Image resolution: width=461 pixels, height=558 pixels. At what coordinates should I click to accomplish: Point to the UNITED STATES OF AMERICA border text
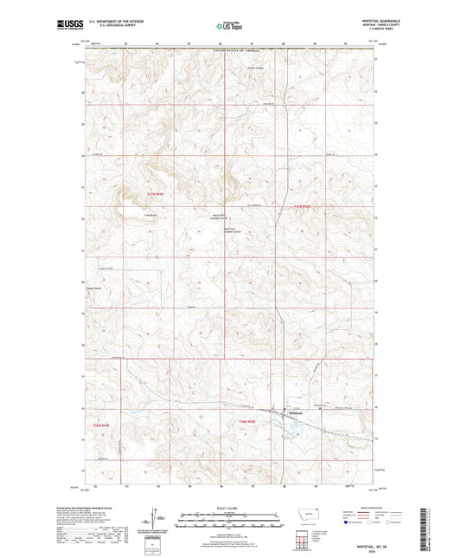point(230,53)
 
